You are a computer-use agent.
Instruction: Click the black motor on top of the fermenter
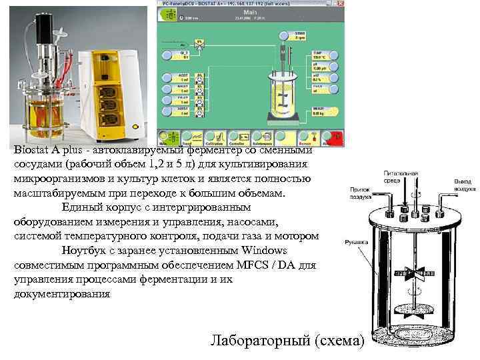pos(44,27)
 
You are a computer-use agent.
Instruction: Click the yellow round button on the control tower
pos(136,124)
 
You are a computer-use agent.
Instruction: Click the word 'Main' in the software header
pos(252,11)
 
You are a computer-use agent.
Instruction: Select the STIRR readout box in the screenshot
pos(318,35)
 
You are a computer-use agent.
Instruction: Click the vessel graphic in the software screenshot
pos(283,93)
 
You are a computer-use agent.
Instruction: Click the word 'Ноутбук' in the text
pos(85,251)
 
